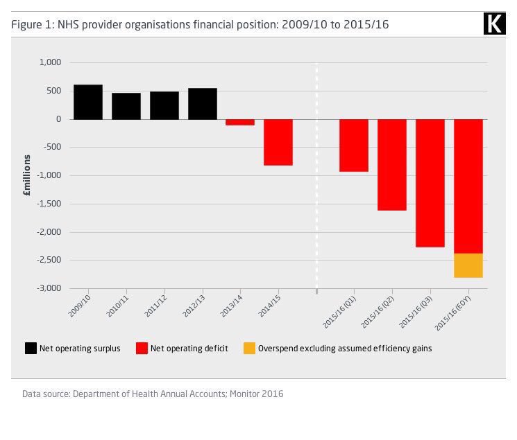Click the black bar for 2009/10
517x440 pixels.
[x=88, y=102]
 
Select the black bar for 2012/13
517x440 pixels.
[x=202, y=103]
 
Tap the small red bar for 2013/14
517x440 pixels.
[x=240, y=122]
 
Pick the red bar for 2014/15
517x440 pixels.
[x=278, y=142]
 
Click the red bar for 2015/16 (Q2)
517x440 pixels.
[x=391, y=164]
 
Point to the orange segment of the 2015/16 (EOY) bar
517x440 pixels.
[x=468, y=265]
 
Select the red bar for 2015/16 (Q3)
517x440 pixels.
[x=430, y=183]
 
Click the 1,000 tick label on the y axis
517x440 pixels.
[x=51, y=62]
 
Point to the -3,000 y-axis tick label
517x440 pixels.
[x=49, y=288]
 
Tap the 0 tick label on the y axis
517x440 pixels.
[x=58, y=119]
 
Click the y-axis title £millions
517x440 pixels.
[x=26, y=176]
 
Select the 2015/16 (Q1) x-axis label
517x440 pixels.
[x=339, y=310]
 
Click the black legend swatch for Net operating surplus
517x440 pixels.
[x=31, y=349]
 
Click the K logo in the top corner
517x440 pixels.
[x=493, y=24]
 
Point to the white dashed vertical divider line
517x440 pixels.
[x=316, y=173]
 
